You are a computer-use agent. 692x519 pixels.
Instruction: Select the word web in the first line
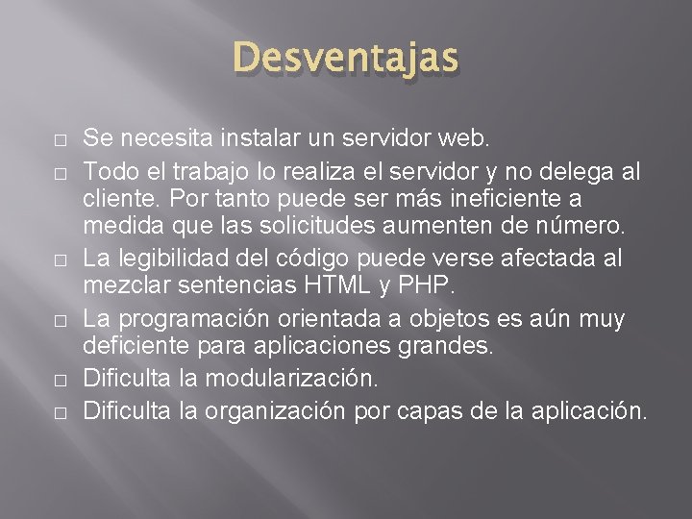[x=470, y=138]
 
